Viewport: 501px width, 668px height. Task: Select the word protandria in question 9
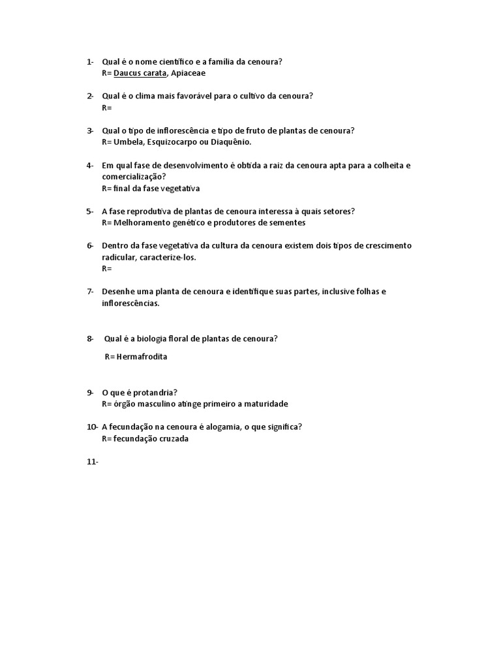(x=154, y=392)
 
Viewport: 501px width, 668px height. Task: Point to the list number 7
(x=90, y=291)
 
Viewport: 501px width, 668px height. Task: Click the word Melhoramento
(x=144, y=222)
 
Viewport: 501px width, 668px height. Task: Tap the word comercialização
(x=132, y=177)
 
